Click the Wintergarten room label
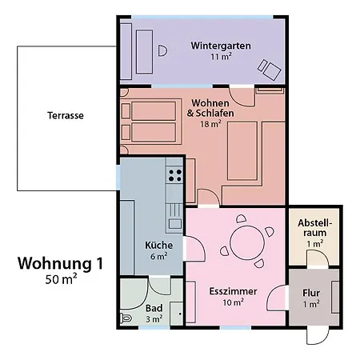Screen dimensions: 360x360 pos(221,46)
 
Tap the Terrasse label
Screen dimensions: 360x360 pos(66,115)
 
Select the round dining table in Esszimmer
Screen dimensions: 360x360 pos(247,242)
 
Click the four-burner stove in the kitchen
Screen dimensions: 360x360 pos(174,175)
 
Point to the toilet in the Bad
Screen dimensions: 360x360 pos(126,318)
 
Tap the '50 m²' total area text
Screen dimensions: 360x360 pos(61,279)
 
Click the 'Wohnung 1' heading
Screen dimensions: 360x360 pos(60,263)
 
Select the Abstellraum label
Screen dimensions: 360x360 pos(315,228)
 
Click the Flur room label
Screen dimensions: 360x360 pos(311,293)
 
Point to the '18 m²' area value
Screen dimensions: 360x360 pos(210,124)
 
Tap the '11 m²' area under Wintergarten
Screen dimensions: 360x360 pos(221,57)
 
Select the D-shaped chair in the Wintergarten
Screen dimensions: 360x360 pos(162,50)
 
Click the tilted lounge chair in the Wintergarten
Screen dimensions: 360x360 pos(270,70)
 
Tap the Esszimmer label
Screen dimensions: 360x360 pos(233,291)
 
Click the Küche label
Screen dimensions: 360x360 pos(158,245)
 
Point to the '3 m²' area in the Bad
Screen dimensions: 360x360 pos(154,318)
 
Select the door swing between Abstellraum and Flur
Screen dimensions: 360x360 pos(318,258)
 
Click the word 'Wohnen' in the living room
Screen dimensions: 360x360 pos(210,103)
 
